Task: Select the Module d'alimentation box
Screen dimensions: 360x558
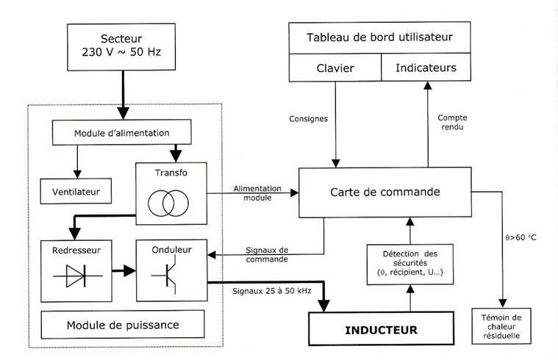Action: point(122,132)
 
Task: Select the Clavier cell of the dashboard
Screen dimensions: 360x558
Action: point(335,68)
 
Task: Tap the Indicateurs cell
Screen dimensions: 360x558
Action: point(426,68)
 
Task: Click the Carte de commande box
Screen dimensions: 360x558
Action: point(386,192)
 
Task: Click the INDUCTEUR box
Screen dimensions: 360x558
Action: point(381,330)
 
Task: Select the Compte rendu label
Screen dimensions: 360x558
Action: point(452,123)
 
